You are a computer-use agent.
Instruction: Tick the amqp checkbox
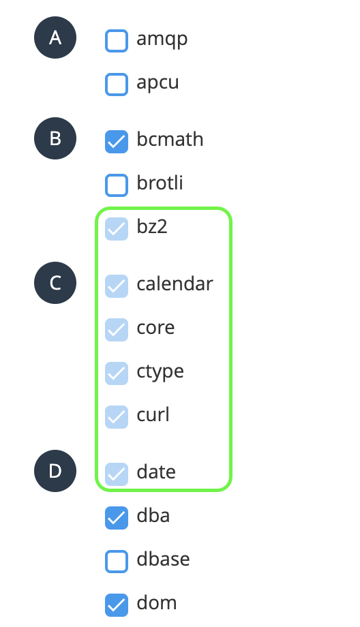tap(117, 41)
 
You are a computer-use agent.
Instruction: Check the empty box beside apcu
tap(117, 85)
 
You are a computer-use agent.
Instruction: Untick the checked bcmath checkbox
tap(117, 142)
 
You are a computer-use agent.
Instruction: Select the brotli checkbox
tap(117, 185)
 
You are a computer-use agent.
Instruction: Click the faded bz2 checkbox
tap(117, 229)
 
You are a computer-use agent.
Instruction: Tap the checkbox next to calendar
tap(117, 286)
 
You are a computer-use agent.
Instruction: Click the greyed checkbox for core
tap(117, 329)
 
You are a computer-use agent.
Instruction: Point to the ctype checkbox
tap(117, 373)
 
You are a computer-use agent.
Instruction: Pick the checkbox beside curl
tap(117, 416)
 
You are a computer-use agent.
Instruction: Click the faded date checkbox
tap(117, 474)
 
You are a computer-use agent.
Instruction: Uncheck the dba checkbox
tap(117, 517)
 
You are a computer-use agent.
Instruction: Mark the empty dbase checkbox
tap(117, 561)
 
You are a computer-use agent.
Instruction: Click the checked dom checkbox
tap(117, 605)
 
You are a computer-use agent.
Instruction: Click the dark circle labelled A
tap(55, 37)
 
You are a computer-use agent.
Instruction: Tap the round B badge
tap(55, 138)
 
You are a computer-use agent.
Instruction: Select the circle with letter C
tap(55, 283)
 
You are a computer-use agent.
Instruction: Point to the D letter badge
tap(55, 471)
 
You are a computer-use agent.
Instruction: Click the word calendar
tap(175, 284)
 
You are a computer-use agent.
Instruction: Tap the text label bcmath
tap(170, 139)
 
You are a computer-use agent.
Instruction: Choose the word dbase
tap(163, 559)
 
